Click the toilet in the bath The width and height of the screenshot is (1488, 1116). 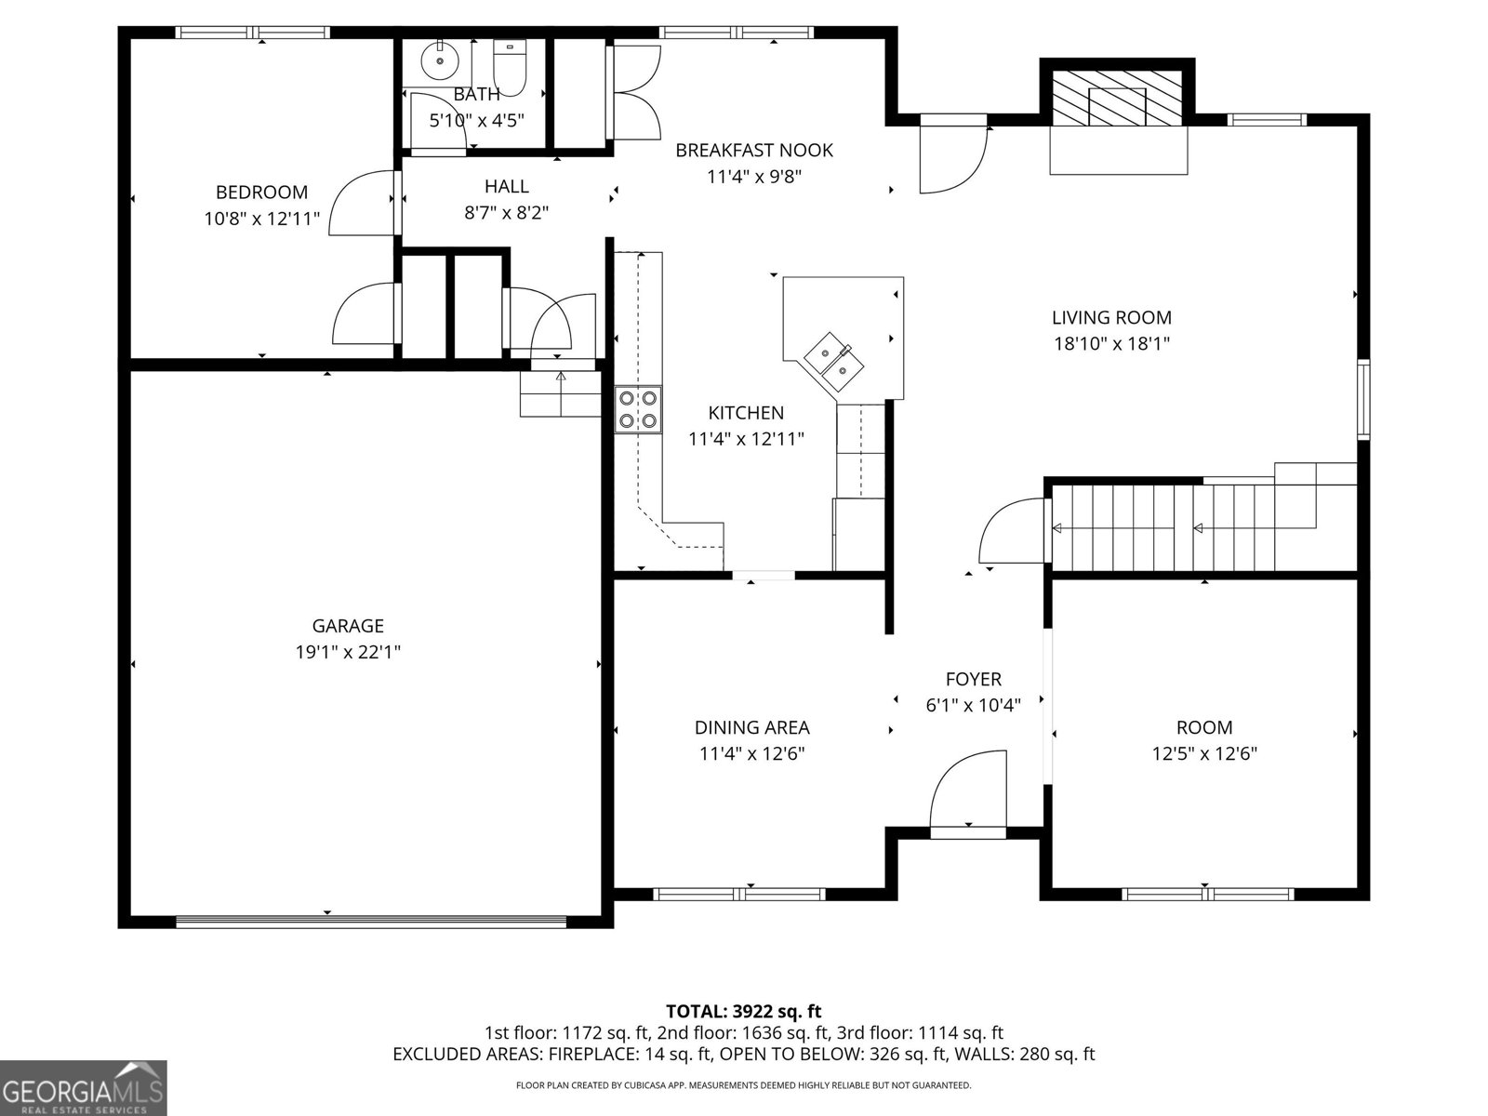tap(510, 68)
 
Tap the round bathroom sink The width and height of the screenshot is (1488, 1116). tap(440, 61)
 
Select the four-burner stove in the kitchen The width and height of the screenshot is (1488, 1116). tap(638, 409)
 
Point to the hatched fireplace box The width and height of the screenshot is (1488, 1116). tap(1117, 99)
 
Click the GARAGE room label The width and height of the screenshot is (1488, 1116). tap(348, 625)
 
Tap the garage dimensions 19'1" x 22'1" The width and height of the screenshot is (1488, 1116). tap(348, 652)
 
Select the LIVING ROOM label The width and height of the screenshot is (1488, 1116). tap(1111, 317)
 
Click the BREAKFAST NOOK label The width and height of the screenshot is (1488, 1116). tap(754, 150)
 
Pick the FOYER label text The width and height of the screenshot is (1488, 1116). tap(974, 679)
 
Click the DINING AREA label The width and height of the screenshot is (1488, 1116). tap(751, 727)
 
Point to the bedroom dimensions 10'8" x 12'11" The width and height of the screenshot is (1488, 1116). tap(261, 219)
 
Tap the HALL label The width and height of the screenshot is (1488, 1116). tap(507, 186)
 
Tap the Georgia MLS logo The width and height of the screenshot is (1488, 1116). tap(83, 1087)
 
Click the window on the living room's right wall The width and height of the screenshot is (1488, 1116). tap(1362, 400)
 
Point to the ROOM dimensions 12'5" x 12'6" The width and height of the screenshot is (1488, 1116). tap(1204, 753)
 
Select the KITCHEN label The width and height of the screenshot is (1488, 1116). tap(746, 413)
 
